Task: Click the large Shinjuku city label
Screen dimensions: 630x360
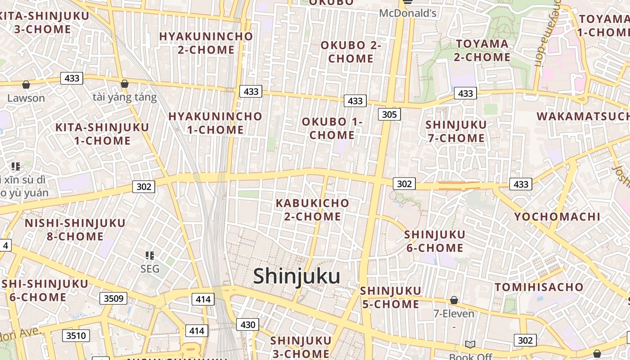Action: pyautogui.click(x=297, y=276)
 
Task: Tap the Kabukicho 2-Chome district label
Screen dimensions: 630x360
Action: pyautogui.click(x=312, y=210)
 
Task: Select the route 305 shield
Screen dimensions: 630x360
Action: pyautogui.click(x=389, y=114)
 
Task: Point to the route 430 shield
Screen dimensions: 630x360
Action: pyautogui.click(x=248, y=324)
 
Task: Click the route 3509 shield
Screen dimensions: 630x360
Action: pyautogui.click(x=113, y=298)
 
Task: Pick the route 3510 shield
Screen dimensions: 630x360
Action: pyautogui.click(x=76, y=335)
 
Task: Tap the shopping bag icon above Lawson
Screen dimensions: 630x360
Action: pyautogui.click(x=26, y=84)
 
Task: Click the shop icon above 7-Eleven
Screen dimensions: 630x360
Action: pyautogui.click(x=454, y=300)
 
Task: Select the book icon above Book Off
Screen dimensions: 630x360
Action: pyautogui.click(x=470, y=344)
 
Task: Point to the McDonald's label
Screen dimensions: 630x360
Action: pyautogui.click(x=408, y=13)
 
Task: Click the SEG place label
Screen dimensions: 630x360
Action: pyautogui.click(x=150, y=269)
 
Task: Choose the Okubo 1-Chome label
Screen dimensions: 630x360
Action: pyautogui.click(x=332, y=128)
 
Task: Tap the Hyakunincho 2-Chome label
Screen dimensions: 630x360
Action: pyautogui.click(x=206, y=43)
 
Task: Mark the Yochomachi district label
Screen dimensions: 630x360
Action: pyautogui.click(x=557, y=217)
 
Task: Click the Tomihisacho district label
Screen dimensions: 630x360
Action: pyautogui.click(x=539, y=287)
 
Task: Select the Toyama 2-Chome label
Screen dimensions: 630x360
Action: pyautogui.click(x=482, y=50)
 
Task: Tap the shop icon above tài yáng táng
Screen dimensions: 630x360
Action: pyautogui.click(x=125, y=84)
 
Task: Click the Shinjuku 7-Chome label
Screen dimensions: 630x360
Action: pyautogui.click(x=456, y=131)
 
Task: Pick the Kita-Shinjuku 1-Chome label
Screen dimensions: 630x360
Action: pyautogui.click(x=102, y=134)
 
